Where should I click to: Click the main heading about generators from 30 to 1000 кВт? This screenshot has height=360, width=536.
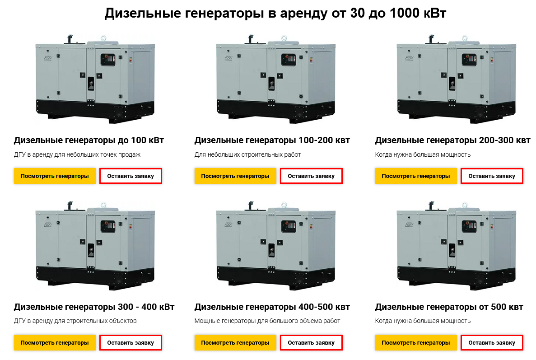275,14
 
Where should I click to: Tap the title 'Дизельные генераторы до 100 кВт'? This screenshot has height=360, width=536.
89,140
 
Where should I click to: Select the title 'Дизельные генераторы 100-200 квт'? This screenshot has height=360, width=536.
272,140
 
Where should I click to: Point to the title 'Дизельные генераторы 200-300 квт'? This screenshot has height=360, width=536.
452,140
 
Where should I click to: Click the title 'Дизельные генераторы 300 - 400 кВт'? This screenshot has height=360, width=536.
94,307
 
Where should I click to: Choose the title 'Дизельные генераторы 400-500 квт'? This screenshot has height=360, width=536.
272,307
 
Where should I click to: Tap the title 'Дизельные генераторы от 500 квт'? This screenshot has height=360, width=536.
449,307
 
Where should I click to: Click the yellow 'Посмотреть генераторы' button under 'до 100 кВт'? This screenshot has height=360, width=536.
55,176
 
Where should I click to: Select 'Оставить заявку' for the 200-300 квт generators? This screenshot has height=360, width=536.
492,176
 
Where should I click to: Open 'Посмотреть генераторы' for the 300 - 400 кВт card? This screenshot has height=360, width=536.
55,342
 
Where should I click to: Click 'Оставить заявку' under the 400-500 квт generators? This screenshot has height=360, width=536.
311,342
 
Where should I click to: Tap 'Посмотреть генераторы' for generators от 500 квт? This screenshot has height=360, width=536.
416,342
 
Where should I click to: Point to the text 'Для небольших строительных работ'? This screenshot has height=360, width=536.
247,154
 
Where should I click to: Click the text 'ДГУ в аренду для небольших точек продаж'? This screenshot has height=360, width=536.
77,154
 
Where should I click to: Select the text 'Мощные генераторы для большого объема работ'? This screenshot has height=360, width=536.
267,321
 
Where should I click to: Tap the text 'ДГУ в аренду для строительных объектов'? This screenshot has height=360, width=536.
75,321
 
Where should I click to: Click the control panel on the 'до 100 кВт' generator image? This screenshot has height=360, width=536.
108,60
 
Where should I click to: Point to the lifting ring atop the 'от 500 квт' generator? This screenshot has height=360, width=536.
465,205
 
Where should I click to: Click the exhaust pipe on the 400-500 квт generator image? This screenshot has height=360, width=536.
251,206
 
